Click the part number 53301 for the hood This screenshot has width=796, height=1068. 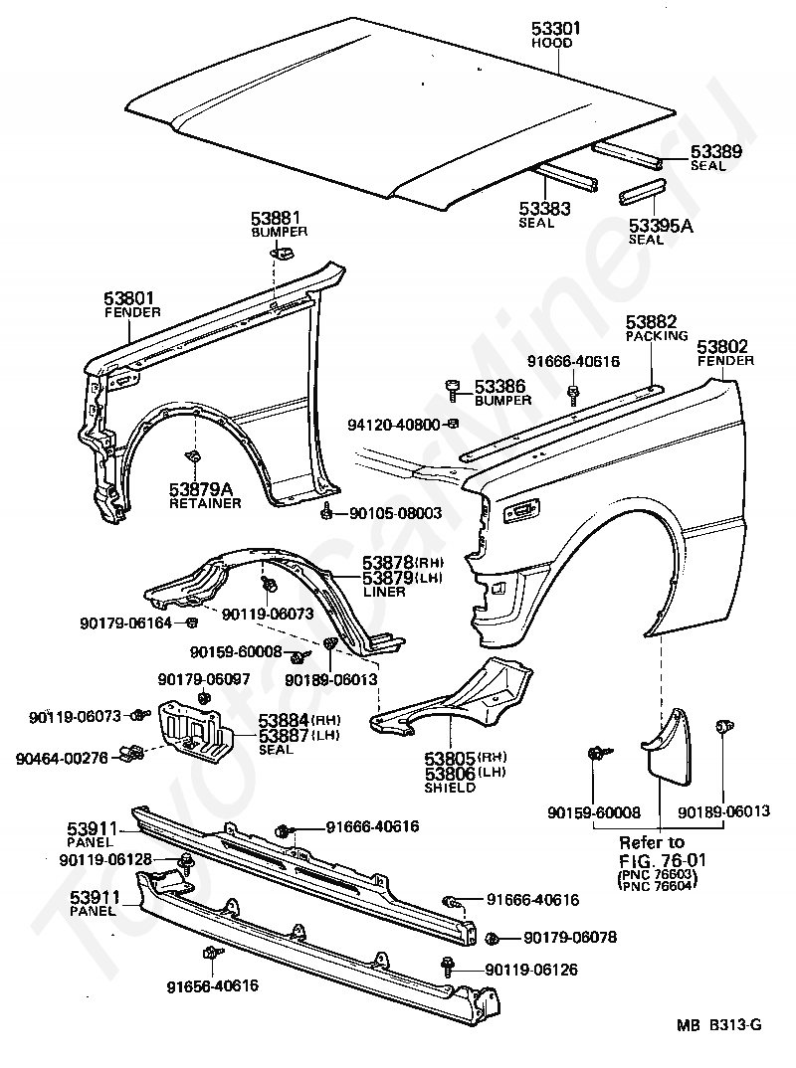point(556,28)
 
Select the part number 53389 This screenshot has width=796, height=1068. point(715,151)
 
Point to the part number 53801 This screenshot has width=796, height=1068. point(129,298)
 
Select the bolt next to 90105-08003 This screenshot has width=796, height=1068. point(327,510)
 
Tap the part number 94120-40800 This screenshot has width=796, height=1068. point(394,425)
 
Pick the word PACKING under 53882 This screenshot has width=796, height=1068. point(657,336)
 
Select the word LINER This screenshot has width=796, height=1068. point(384,592)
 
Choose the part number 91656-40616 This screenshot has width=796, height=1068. point(213,985)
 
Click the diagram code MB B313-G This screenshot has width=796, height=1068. point(719,1044)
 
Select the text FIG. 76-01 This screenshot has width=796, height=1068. point(663,860)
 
